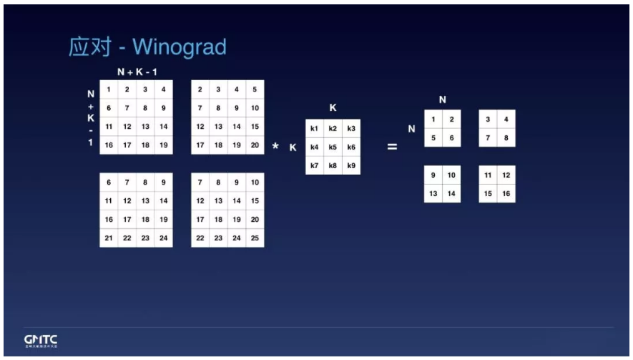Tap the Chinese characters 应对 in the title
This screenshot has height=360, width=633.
pyautogui.click(x=87, y=47)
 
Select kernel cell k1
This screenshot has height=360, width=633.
pyautogui.click(x=314, y=129)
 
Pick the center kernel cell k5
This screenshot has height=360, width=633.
pyautogui.click(x=333, y=147)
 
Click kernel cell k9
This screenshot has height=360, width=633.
pyautogui.click(x=350, y=165)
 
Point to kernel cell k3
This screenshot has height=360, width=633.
pyautogui.click(x=350, y=129)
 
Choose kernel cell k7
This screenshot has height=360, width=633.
pyautogui.click(x=314, y=165)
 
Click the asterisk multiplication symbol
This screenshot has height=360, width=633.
pyautogui.click(x=275, y=147)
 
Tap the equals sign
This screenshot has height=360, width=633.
pyautogui.click(x=392, y=147)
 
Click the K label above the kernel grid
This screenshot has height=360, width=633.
pyautogui.click(x=333, y=108)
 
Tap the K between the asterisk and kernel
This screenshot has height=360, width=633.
pyautogui.click(x=293, y=147)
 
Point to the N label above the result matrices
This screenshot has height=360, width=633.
pyautogui.click(x=442, y=99)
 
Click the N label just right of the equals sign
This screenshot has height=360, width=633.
pyautogui.click(x=411, y=129)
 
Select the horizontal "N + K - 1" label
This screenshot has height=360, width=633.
pyautogui.click(x=137, y=73)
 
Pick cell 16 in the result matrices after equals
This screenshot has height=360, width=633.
pyautogui.click(x=506, y=193)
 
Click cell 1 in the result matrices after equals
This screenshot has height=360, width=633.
pyautogui.click(x=433, y=119)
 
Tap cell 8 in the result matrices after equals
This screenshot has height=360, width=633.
pyautogui.click(x=506, y=137)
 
